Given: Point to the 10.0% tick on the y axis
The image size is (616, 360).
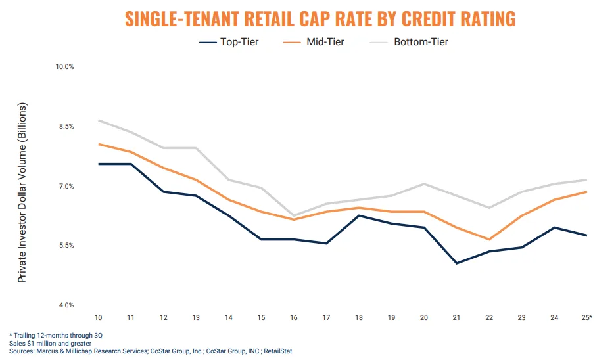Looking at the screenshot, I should tap(64, 67).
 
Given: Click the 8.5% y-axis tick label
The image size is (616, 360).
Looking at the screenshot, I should tap(64, 127).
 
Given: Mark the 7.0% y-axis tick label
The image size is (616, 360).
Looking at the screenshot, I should tap(64, 187).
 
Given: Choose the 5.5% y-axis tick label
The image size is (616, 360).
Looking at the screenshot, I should tap(64, 246).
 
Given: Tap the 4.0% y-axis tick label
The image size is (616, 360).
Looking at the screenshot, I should tap(64, 305).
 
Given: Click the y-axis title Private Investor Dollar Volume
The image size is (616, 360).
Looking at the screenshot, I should tap(22, 192).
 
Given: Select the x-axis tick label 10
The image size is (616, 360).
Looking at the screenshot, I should tap(98, 318).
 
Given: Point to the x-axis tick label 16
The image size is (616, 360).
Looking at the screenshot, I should tap(294, 318).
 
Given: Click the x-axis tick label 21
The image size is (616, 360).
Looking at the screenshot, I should tap(456, 318).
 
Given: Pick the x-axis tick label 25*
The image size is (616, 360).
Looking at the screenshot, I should tap(586, 318).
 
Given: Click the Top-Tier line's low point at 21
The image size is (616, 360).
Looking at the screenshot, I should tap(456, 263).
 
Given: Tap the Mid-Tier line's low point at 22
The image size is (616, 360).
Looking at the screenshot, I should tap(489, 240).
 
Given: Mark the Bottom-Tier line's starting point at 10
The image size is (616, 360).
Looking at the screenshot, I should tap(99, 120).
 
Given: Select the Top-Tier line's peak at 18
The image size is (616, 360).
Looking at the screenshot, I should tap(359, 215).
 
